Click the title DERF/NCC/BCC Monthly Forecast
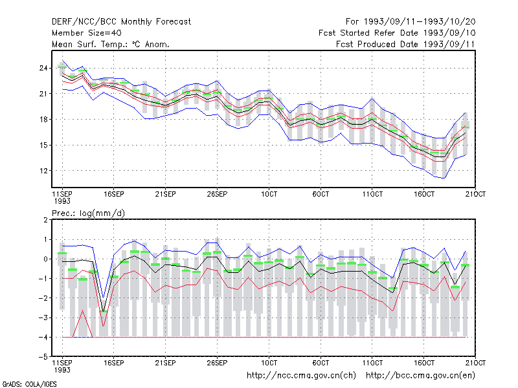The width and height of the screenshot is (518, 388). (x=121, y=22)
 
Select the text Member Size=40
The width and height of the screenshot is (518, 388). (x=87, y=33)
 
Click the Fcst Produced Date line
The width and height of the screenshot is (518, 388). (x=405, y=44)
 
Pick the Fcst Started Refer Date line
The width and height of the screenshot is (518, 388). (x=397, y=33)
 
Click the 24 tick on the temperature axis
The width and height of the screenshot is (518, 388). (x=43, y=69)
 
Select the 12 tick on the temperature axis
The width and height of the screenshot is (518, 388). (x=43, y=171)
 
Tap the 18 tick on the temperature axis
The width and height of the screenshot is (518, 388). (x=43, y=120)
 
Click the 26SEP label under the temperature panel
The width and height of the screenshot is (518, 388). (x=217, y=194)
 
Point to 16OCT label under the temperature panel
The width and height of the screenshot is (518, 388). (x=424, y=194)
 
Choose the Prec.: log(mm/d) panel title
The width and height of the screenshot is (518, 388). (x=88, y=213)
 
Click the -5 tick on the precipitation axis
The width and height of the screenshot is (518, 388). (x=43, y=357)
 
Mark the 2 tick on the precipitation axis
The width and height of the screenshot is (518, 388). (x=45, y=220)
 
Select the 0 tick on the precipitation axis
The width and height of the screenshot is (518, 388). (x=45, y=259)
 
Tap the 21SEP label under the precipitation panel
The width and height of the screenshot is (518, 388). (x=165, y=363)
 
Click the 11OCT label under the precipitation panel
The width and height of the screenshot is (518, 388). (x=372, y=363)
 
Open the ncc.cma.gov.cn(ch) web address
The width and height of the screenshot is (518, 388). (x=301, y=376)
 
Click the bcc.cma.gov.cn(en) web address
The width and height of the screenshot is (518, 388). (x=420, y=376)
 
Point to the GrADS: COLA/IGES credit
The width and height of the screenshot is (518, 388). (x=29, y=384)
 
